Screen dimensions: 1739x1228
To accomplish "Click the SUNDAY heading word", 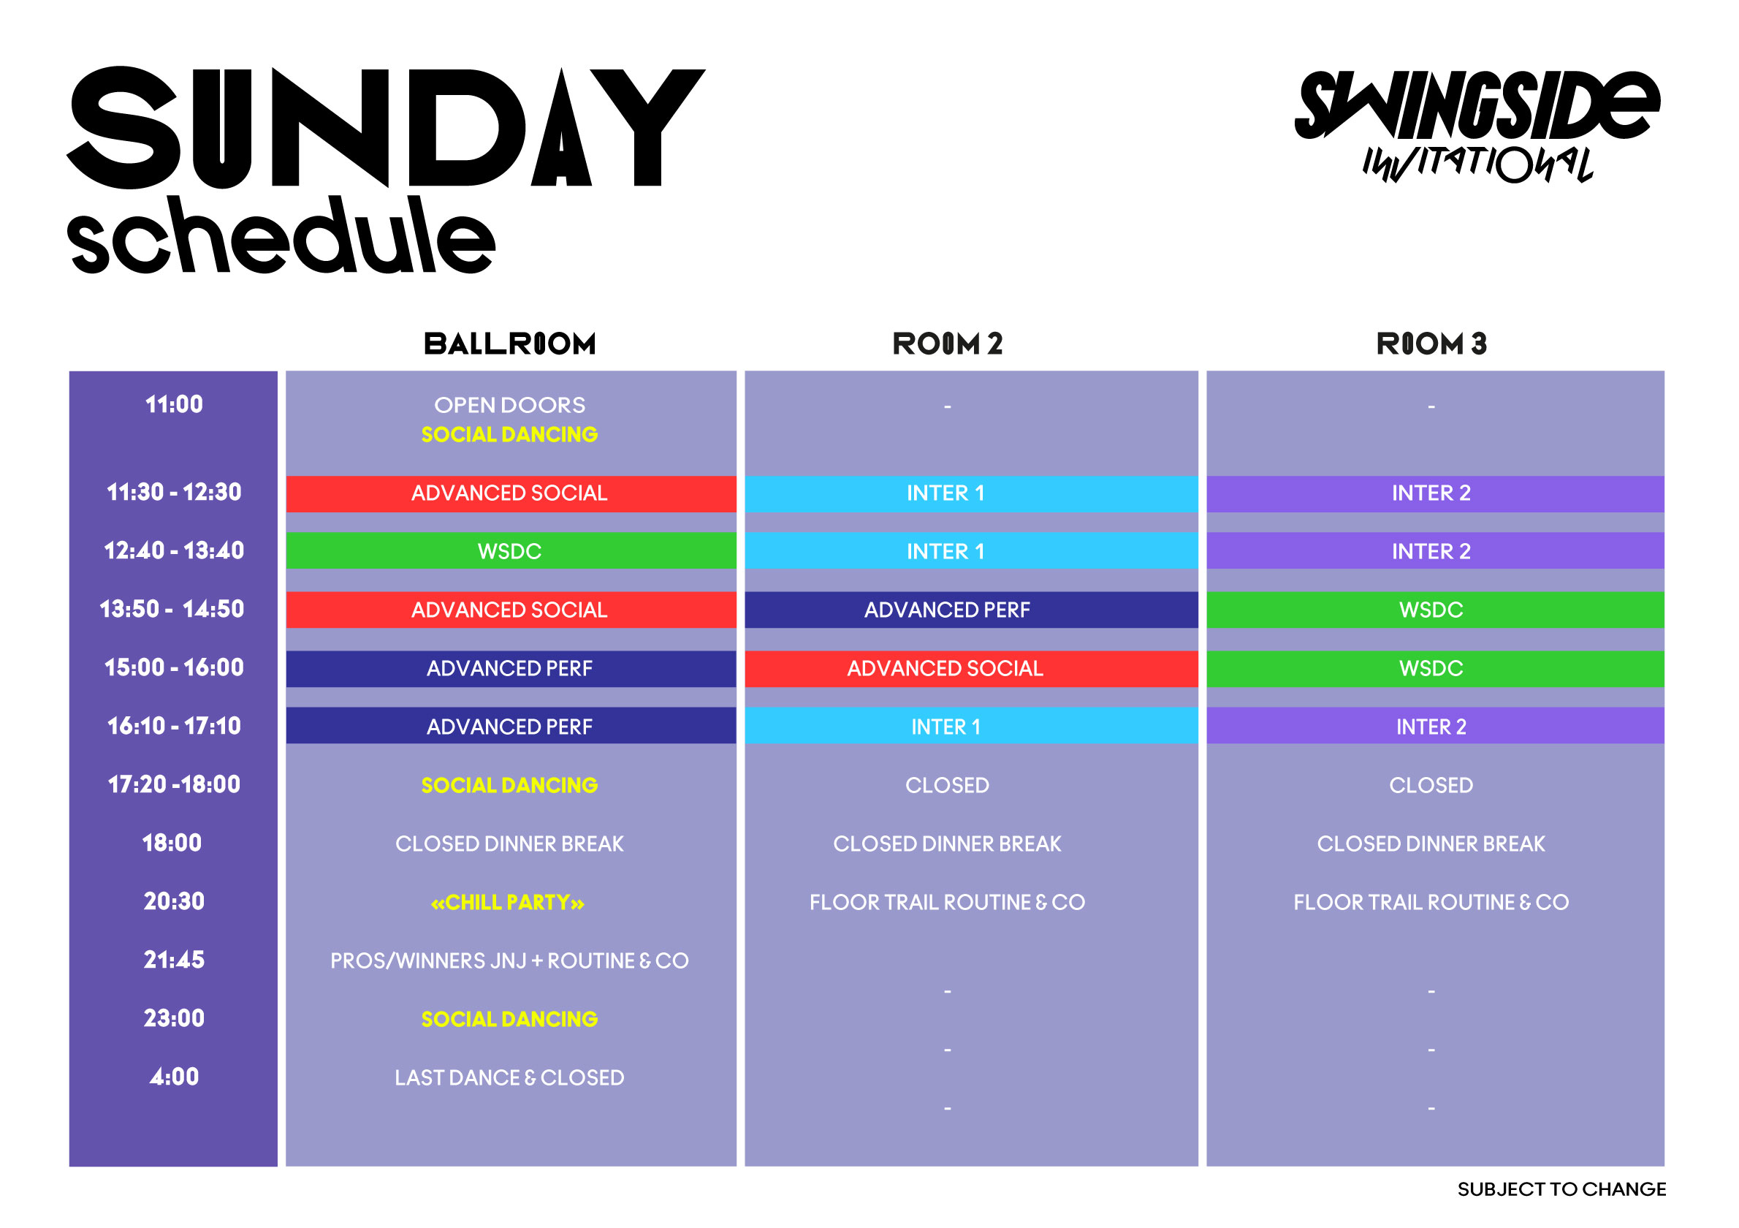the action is pyautogui.click(x=387, y=127).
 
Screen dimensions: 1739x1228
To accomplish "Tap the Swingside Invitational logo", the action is pyautogui.click(x=1476, y=126).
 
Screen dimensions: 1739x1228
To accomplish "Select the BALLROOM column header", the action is pyautogui.click(x=510, y=344).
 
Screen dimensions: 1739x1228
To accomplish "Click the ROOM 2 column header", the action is pyautogui.click(x=947, y=344).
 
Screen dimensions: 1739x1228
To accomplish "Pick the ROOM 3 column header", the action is pyautogui.click(x=1431, y=344).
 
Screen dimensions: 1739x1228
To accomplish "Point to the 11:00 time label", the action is pyautogui.click(x=173, y=403).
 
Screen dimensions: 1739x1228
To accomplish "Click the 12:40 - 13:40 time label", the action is pyautogui.click(x=173, y=550).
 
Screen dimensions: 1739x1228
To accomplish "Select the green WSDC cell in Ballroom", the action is pyautogui.click(x=511, y=550).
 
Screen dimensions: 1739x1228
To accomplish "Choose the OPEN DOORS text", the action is pyautogui.click(x=510, y=405).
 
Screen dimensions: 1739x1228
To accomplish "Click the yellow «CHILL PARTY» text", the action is pyautogui.click(x=508, y=902).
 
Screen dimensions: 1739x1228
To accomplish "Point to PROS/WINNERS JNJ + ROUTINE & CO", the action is pyautogui.click(x=510, y=960).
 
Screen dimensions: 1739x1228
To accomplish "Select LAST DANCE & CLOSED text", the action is pyautogui.click(x=510, y=1077).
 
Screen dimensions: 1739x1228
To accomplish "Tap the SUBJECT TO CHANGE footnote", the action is pyautogui.click(x=1561, y=1189).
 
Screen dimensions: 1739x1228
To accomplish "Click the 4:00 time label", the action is pyautogui.click(x=173, y=1077).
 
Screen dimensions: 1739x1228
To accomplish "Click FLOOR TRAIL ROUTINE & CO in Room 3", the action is pyautogui.click(x=1431, y=902).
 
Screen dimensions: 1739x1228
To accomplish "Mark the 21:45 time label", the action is pyautogui.click(x=173, y=960).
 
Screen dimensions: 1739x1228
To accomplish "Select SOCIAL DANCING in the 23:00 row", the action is pyautogui.click(x=510, y=1019).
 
